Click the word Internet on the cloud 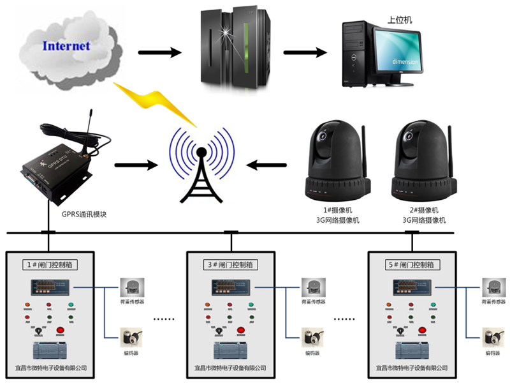pyautogui.click(x=66, y=46)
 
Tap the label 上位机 pyautogui.click(x=400, y=20)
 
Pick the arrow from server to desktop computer pyautogui.click(x=305, y=52)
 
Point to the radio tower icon pyautogui.click(x=201, y=167)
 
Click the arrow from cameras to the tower pyautogui.click(x=268, y=165)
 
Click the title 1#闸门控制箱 pyautogui.click(x=50, y=264)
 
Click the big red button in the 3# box pyautogui.click(x=242, y=330)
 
